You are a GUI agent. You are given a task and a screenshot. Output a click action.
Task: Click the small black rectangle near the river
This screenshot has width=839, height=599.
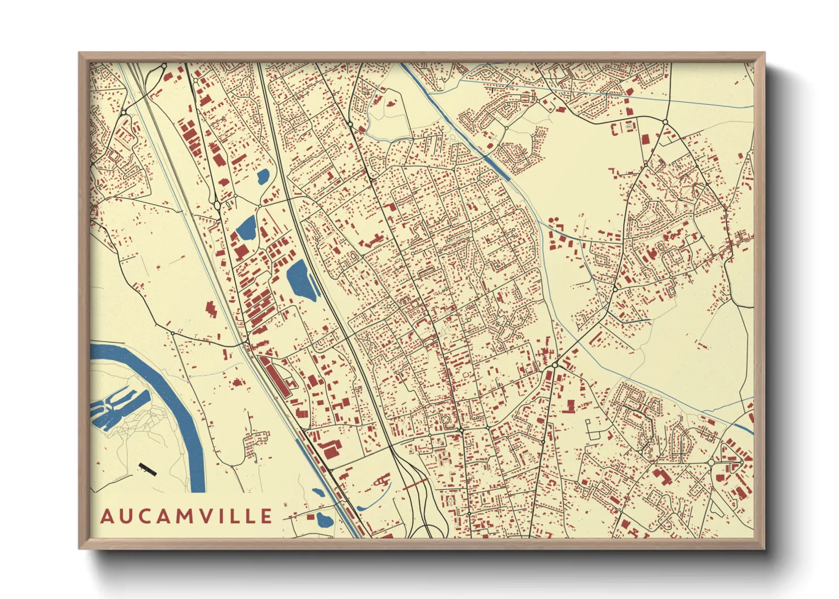tap(147, 469)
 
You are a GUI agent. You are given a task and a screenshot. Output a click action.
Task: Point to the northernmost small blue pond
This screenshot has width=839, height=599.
tap(263, 177)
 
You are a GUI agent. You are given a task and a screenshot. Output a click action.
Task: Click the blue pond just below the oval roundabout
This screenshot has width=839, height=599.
tap(247, 228)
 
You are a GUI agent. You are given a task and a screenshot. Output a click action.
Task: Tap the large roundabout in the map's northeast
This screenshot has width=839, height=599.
tap(665, 122)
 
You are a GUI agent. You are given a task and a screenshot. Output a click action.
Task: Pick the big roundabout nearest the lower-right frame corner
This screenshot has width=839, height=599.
tap(711, 463)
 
